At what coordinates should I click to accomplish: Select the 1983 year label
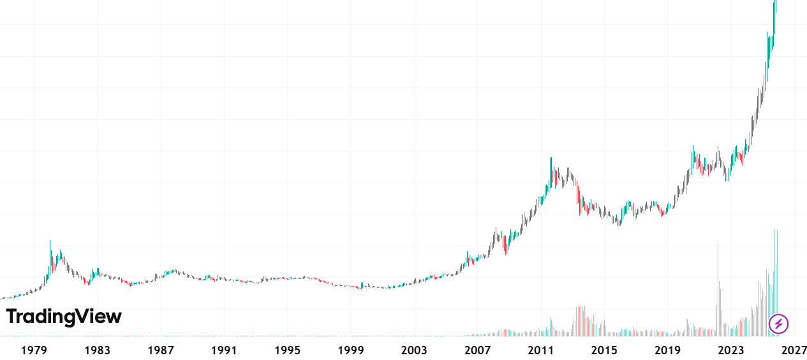click(97, 350)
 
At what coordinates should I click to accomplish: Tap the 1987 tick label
click(161, 350)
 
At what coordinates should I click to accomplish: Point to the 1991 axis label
click(224, 350)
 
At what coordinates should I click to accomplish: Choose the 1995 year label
click(287, 350)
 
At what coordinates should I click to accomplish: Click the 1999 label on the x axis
click(351, 350)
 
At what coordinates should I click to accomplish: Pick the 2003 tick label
click(414, 350)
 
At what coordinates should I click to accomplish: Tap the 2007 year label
click(477, 350)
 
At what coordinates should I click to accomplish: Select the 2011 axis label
click(541, 350)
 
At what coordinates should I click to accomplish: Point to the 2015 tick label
click(604, 350)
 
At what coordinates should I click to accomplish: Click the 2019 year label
click(667, 350)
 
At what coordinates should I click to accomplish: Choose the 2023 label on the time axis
click(731, 350)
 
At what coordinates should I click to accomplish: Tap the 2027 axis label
click(794, 350)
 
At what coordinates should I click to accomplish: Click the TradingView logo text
click(64, 317)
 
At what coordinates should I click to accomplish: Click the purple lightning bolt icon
click(778, 324)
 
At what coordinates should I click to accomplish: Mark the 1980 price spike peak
click(50, 241)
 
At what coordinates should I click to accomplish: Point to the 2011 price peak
click(551, 158)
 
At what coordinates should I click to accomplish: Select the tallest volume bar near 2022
click(718, 244)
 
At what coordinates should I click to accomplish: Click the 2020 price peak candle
click(693, 146)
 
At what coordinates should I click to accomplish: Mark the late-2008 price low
click(506, 254)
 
